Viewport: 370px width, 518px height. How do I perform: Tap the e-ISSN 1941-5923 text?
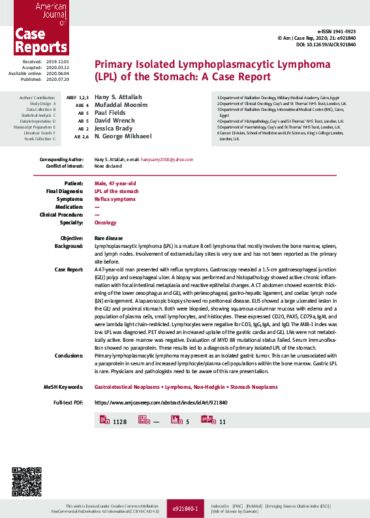click(x=337, y=31)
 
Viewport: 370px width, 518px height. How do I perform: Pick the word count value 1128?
click(x=119, y=422)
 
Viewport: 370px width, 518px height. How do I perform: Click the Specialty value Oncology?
click(x=106, y=222)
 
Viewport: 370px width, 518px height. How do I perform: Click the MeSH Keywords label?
click(x=63, y=387)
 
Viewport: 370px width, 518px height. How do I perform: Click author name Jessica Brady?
click(x=114, y=128)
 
